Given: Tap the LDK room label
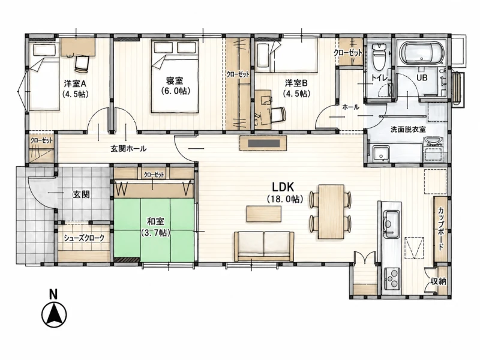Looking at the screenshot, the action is [x=283, y=187].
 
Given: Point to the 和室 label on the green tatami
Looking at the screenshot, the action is [x=155, y=221].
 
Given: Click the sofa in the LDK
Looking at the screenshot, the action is [x=264, y=246].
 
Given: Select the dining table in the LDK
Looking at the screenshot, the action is [x=331, y=211].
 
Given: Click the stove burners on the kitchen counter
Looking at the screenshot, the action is [x=392, y=278].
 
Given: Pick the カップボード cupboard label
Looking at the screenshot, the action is [x=441, y=229].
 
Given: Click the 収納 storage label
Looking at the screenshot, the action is [x=439, y=281].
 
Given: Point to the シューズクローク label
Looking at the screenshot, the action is [x=84, y=238].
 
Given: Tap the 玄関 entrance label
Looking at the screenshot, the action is [x=81, y=194].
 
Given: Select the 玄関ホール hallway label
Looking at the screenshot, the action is [x=128, y=149].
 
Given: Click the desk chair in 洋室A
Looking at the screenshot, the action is [x=82, y=64].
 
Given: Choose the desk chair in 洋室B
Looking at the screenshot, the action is [x=278, y=115].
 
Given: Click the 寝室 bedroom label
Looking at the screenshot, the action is [x=175, y=80].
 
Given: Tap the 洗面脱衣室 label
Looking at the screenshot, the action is [x=408, y=129].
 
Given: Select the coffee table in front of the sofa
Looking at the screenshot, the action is [x=264, y=214].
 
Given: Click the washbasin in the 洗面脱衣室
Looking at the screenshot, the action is [x=433, y=142].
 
